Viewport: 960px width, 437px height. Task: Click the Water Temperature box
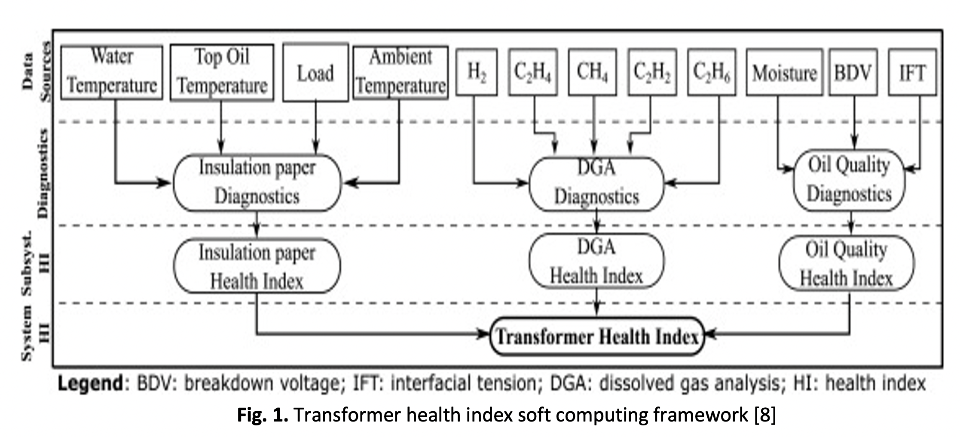click(112, 72)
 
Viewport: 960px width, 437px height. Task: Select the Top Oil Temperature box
click(222, 72)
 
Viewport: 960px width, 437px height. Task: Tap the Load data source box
click(315, 72)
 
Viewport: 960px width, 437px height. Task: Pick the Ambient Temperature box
click(401, 72)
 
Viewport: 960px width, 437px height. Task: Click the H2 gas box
click(476, 72)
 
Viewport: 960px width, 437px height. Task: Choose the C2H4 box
click(533, 72)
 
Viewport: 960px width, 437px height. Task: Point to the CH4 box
click(592, 72)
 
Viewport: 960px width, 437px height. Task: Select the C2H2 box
click(652, 72)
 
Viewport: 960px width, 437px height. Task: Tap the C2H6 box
click(712, 72)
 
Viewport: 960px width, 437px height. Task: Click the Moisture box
click(784, 72)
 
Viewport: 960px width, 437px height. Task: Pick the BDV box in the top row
click(853, 72)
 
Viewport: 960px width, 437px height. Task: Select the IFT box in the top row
click(912, 72)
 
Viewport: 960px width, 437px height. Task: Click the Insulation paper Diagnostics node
click(257, 183)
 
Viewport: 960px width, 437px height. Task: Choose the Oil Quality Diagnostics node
click(849, 180)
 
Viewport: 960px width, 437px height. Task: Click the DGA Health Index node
click(596, 262)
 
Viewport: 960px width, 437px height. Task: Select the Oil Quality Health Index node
click(846, 264)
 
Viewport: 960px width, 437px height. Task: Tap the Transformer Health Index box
click(597, 336)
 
